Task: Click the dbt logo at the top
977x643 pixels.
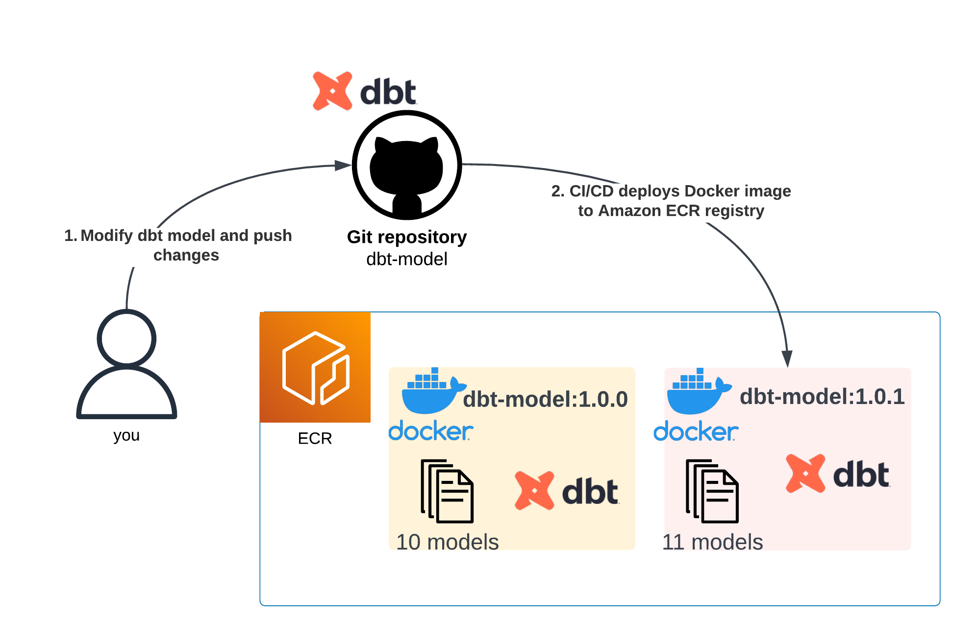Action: [365, 92]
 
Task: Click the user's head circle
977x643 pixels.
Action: [126, 338]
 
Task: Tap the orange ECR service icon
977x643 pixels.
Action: [315, 367]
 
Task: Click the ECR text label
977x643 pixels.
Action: [315, 438]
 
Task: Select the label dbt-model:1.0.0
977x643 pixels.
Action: [545, 399]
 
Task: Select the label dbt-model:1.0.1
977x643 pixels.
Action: [822, 396]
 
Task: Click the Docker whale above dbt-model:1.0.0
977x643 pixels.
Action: [431, 392]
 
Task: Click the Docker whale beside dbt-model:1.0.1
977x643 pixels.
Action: [696, 392]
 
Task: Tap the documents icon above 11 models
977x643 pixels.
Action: [712, 491]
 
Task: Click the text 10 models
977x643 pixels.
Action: [447, 542]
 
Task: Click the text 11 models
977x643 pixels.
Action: [712, 542]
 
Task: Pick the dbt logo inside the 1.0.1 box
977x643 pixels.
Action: [837, 474]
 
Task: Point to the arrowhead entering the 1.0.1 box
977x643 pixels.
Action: [787, 359]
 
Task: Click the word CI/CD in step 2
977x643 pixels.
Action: [591, 191]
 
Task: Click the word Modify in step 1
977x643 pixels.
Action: [106, 236]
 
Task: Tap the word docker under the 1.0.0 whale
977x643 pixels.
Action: [430, 431]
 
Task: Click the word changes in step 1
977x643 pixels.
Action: [186, 255]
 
